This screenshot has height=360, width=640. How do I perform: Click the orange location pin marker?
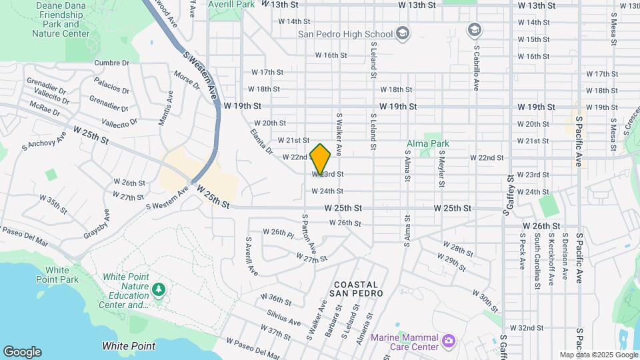tap(321, 159)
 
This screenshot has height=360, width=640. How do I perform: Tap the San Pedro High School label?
tap(345, 34)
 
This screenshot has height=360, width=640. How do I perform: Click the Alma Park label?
tap(429, 143)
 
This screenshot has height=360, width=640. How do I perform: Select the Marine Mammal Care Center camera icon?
tap(449, 341)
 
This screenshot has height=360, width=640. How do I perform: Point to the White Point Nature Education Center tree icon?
tap(158, 289)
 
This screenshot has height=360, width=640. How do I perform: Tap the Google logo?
tap(22, 352)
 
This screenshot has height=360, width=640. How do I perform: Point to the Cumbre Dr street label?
tap(112, 63)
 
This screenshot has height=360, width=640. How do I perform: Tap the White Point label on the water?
tap(129, 346)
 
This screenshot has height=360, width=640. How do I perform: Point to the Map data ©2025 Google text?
tap(598, 355)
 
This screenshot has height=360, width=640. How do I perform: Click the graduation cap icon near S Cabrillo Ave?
tap(474, 29)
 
